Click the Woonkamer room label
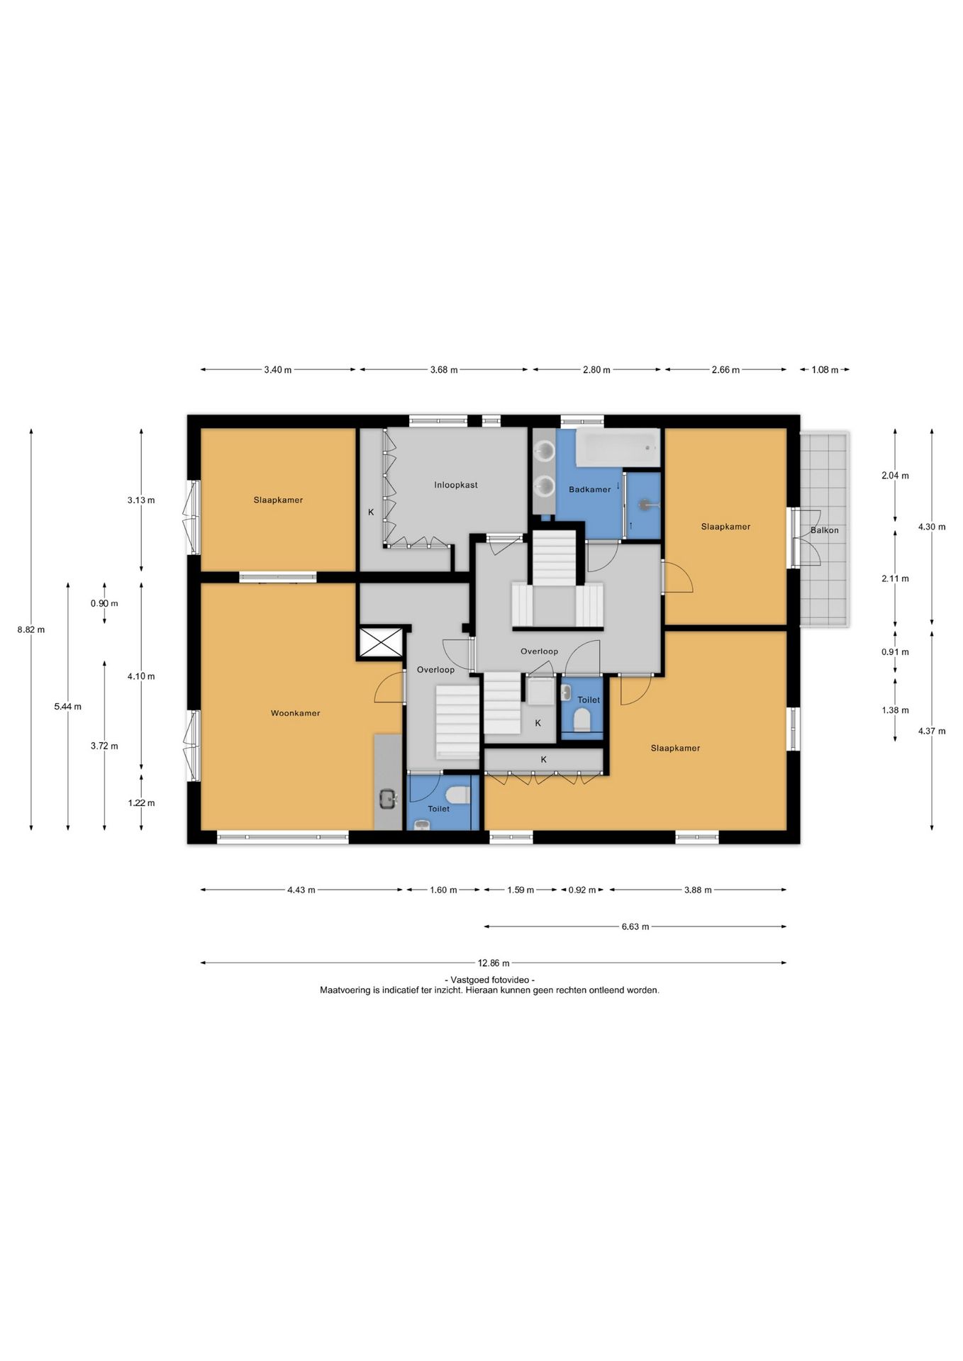click(x=295, y=713)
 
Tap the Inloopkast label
click(x=456, y=485)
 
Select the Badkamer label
click(x=589, y=489)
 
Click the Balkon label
click(x=825, y=530)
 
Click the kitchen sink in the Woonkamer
click(x=388, y=799)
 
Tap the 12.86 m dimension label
click(x=494, y=963)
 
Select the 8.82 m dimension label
click(x=31, y=629)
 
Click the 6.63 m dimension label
click(x=635, y=926)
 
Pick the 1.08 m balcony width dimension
click(x=825, y=370)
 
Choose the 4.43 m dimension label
click(x=301, y=890)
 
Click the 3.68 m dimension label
click(x=444, y=370)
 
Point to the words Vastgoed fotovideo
click(x=489, y=980)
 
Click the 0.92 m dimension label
click(x=582, y=890)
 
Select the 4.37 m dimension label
click(x=932, y=732)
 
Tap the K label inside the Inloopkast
click(x=370, y=512)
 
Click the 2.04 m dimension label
click(x=895, y=476)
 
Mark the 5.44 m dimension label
click(x=67, y=707)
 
